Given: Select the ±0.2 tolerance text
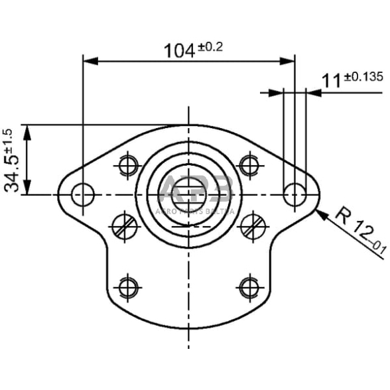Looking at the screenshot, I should (209, 46).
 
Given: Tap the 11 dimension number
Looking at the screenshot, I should (332, 81).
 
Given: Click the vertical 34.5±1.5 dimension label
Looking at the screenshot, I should (11, 160).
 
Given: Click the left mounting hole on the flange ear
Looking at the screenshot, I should (82, 195).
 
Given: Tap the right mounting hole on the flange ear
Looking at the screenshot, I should (295, 195).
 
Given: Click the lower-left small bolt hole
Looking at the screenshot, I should (127, 287).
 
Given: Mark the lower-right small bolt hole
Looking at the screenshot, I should (249, 287).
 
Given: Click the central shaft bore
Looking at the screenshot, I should (188, 194).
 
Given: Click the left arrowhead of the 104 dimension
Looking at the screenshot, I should (88, 61).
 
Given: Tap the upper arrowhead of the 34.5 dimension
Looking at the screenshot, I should (27, 130).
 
